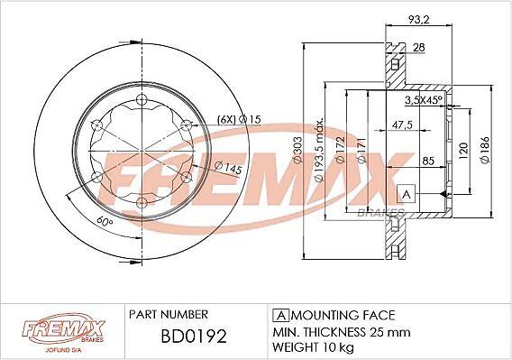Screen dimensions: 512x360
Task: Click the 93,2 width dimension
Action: [419, 19]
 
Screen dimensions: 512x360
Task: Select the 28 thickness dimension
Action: [419, 48]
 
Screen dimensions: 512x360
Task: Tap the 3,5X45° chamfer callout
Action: [424, 100]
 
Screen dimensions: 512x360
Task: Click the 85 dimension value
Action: [428, 161]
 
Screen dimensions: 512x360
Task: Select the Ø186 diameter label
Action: [485, 150]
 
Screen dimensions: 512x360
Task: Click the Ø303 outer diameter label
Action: [297, 150]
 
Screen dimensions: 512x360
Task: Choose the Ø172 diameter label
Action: [340, 150]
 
